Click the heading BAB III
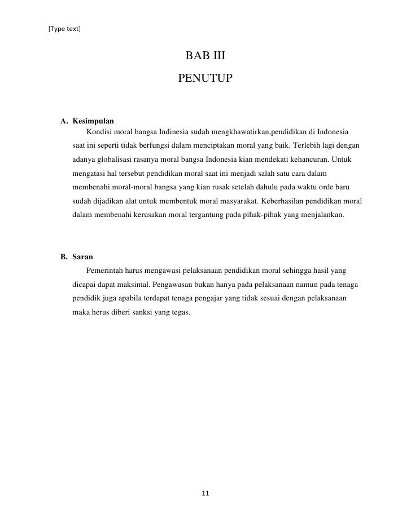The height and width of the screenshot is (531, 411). point(205,56)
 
